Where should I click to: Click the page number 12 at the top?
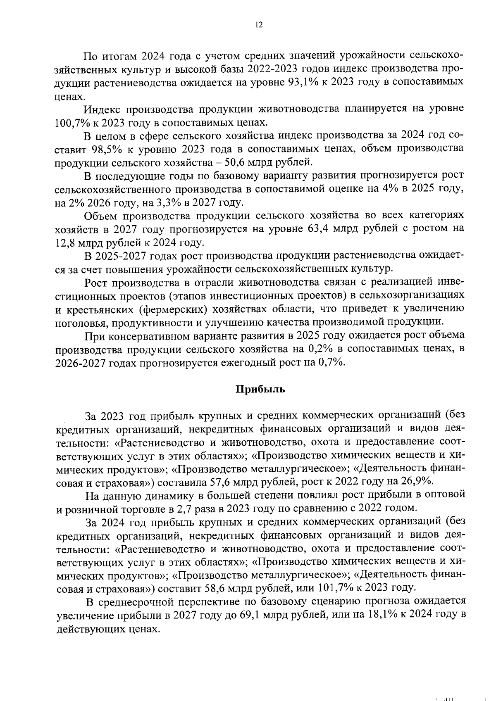pyautogui.click(x=259, y=25)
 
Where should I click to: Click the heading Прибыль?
pyautogui.click(x=260, y=389)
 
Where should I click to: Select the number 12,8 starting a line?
pyautogui.click(x=67, y=242)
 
